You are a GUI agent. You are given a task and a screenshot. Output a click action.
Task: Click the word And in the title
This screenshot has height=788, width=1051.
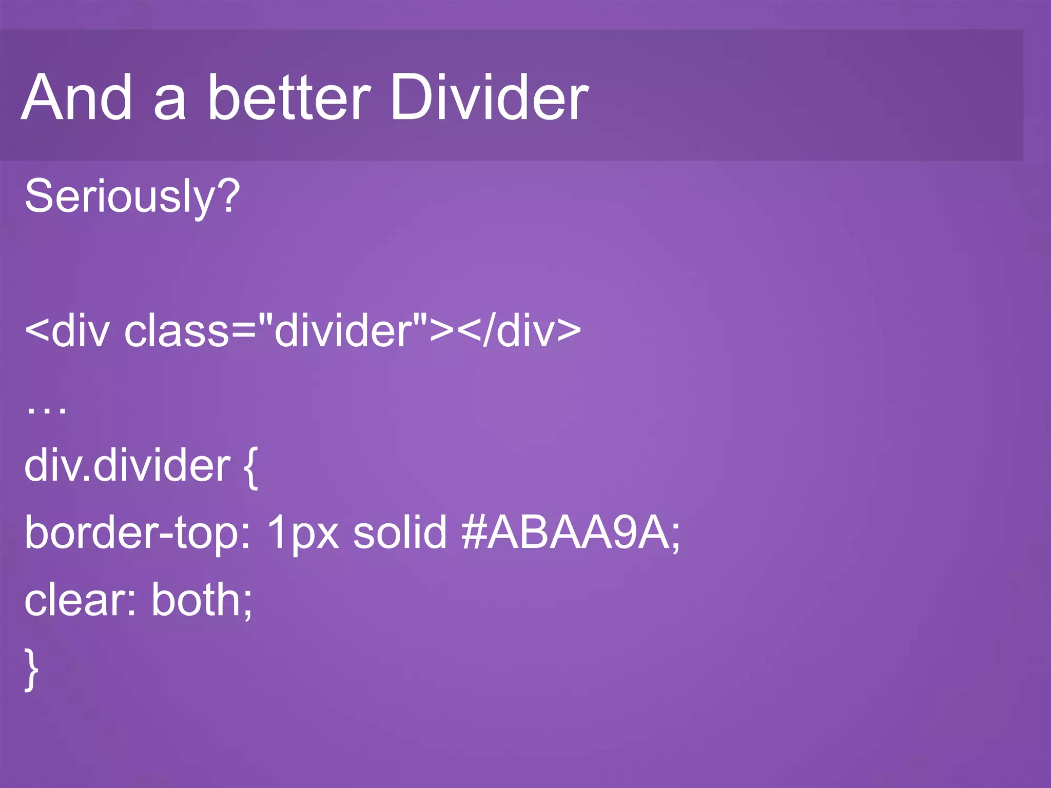77,97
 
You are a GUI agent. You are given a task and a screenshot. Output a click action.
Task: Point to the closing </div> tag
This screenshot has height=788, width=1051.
519,331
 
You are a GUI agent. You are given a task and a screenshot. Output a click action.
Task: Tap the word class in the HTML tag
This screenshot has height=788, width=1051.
177,331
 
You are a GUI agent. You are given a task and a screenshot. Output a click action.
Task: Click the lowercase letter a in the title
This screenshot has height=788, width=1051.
170,103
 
